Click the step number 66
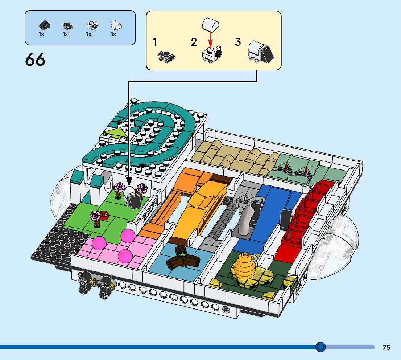[x=35, y=60]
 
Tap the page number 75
[x=386, y=347]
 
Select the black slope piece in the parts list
[x=45, y=25]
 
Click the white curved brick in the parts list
[x=116, y=25]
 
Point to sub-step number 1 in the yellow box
[x=155, y=42]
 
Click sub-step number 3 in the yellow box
[x=238, y=42]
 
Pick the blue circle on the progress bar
[x=321, y=347]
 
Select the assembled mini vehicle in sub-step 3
[x=260, y=51]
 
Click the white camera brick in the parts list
[x=92, y=25]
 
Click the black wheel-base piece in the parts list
[x=67, y=25]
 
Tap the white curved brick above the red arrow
[x=210, y=24]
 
